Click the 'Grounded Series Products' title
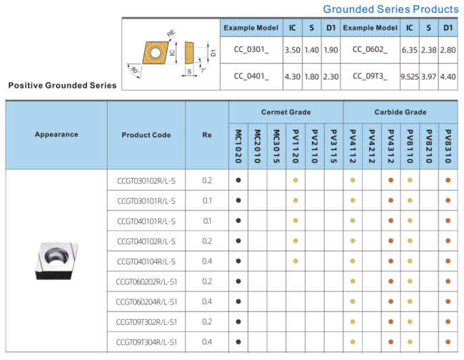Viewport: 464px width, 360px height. [390, 9]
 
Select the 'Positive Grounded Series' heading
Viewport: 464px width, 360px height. [62, 85]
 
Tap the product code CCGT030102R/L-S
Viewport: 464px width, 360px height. [146, 180]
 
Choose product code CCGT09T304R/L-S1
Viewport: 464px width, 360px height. [146, 343]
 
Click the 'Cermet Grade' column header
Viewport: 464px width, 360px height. [286, 112]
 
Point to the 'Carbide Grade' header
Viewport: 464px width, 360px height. [400, 112]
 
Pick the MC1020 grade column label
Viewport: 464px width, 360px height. [238, 146]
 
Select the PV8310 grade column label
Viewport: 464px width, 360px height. [448, 146]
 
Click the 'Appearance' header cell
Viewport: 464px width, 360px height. [56, 134]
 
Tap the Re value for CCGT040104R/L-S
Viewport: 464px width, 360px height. [207, 261]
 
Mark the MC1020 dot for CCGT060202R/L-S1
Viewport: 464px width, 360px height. [238, 281]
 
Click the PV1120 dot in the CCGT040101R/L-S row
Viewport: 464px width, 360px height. [296, 221]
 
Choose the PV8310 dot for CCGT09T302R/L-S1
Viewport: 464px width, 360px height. [448, 322]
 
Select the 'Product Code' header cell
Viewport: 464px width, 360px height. [146, 134]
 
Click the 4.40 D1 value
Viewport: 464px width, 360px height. [448, 76]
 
